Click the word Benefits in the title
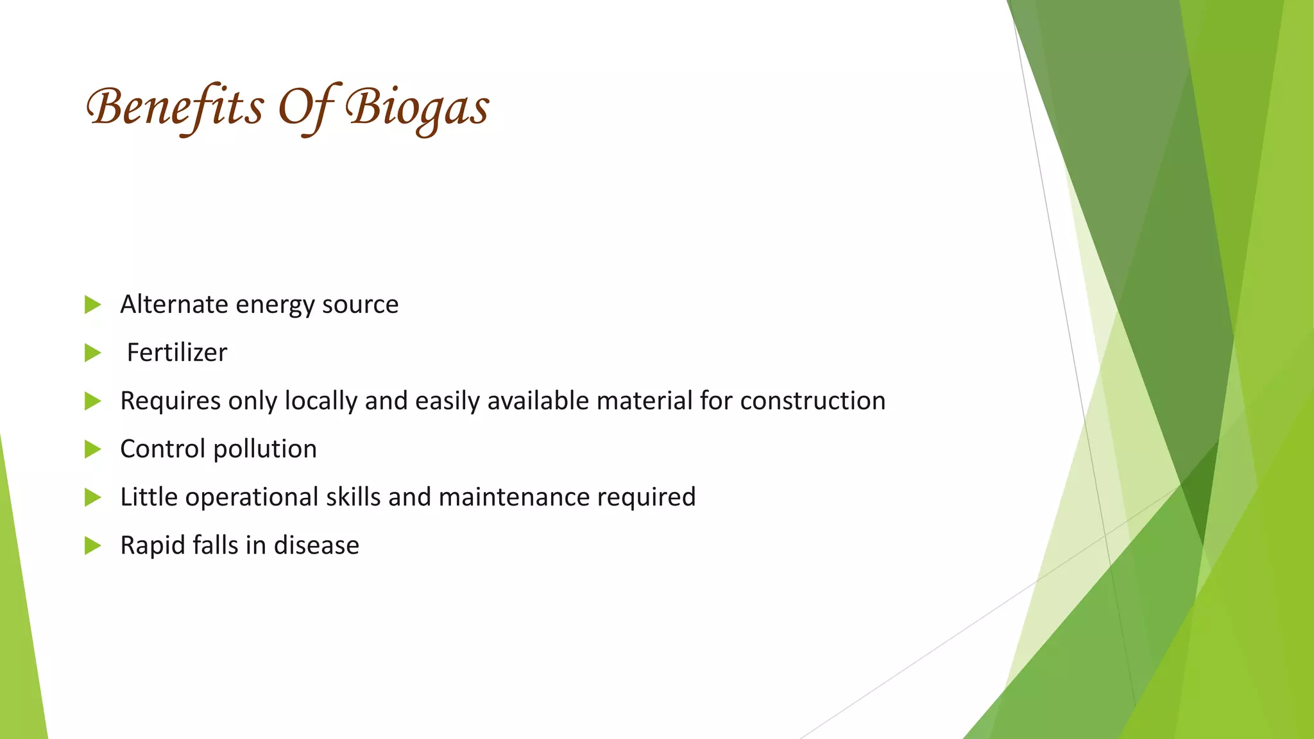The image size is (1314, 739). pos(175,107)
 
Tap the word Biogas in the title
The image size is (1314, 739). pos(417,107)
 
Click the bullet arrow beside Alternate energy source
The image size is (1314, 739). pos(92,305)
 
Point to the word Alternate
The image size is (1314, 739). pos(173,305)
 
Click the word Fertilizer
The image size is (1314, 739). pos(176,353)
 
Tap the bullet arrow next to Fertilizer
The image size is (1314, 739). pos(92,353)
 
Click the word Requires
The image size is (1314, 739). pos(170,401)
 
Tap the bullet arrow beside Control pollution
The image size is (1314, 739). pos(92,449)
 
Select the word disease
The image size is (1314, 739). pos(316,546)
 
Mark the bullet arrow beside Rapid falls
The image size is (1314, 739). pos(92,546)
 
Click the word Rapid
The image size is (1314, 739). pos(152,546)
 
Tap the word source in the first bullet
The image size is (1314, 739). pos(360,305)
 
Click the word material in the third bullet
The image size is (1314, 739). pos(644,401)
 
